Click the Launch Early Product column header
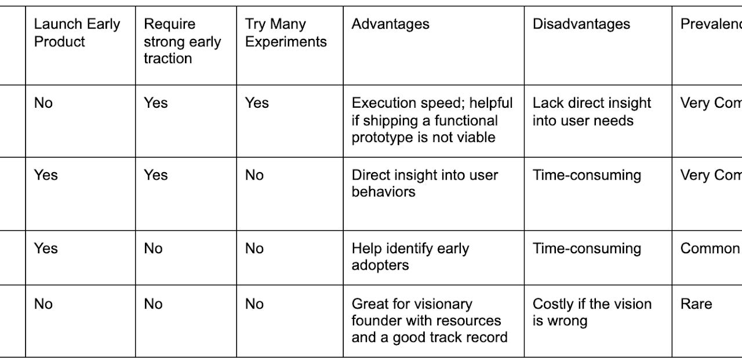pyautogui.click(x=77, y=32)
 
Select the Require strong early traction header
pyautogui.click(x=182, y=41)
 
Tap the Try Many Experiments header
pyautogui.click(x=285, y=32)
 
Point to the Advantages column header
pyautogui.click(x=390, y=24)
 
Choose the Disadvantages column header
pyautogui.click(x=581, y=24)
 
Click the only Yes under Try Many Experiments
pyautogui.click(x=257, y=103)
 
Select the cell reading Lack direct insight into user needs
pyautogui.click(x=591, y=112)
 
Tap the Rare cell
pyautogui.click(x=696, y=304)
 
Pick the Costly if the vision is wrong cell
pyautogui.click(x=592, y=312)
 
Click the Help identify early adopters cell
pyautogui.click(x=410, y=257)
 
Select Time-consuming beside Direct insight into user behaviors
pyautogui.click(x=587, y=176)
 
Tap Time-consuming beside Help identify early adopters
pyautogui.click(x=587, y=249)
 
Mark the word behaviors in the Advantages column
pyautogui.click(x=383, y=192)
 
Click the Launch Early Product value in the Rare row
pyautogui.click(x=43, y=304)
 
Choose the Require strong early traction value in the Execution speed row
pyautogui.click(x=155, y=103)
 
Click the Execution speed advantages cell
pyautogui.click(x=432, y=120)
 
